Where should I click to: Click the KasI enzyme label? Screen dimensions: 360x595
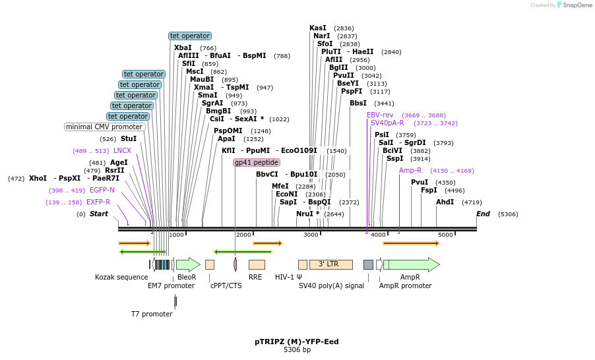click(x=317, y=28)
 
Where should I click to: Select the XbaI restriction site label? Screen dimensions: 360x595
click(x=183, y=47)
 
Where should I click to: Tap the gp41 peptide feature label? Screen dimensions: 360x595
click(x=257, y=162)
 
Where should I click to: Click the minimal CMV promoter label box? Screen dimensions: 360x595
click(x=104, y=127)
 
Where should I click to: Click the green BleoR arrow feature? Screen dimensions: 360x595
click(x=188, y=264)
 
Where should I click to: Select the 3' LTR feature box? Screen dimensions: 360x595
click(x=330, y=264)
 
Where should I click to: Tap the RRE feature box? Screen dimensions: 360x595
click(x=257, y=264)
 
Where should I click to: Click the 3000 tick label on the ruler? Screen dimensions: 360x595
click(x=311, y=235)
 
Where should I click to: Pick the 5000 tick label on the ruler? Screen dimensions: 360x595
click(x=445, y=235)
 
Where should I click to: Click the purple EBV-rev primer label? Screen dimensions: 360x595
click(x=380, y=115)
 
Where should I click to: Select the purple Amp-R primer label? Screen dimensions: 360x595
click(x=410, y=170)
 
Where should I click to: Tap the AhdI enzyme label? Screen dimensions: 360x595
click(x=445, y=202)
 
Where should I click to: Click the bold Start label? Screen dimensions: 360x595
click(x=99, y=214)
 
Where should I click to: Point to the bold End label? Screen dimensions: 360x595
click(x=483, y=214)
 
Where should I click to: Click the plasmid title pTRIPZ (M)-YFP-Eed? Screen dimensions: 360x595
click(x=297, y=342)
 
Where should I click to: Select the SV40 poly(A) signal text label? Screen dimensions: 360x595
click(x=331, y=285)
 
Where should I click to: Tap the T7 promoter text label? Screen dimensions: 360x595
click(x=152, y=314)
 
